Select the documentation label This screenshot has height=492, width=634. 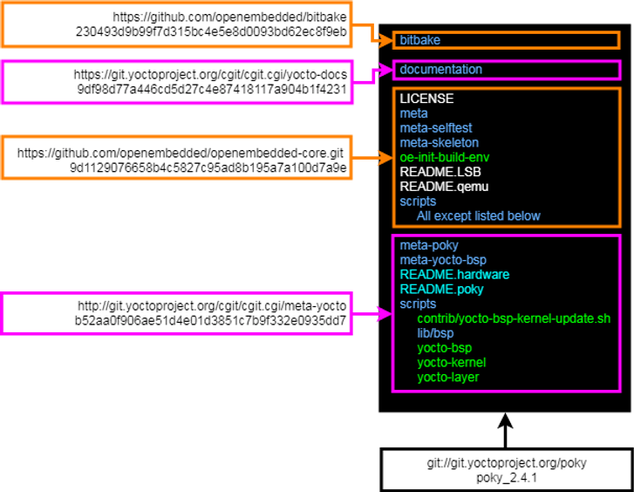[x=440, y=70]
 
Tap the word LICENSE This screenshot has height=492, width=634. [x=426, y=99]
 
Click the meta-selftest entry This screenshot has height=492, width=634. [x=436, y=128]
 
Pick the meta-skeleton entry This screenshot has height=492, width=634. [x=439, y=142]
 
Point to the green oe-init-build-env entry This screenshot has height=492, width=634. [x=445, y=157]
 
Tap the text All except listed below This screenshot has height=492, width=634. [x=478, y=215]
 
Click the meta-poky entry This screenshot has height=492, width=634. [x=429, y=245]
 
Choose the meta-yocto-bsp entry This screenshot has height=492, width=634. [x=443, y=260]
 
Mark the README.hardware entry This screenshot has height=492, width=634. [x=454, y=275]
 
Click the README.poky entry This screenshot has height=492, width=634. [x=441, y=289]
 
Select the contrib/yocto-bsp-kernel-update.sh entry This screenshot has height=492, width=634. [x=514, y=318]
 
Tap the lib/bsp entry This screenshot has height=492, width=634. [x=435, y=333]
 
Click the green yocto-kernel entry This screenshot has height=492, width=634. [x=451, y=362]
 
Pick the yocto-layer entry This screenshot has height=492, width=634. [x=447, y=377]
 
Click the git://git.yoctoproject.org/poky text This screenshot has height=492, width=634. [x=507, y=463]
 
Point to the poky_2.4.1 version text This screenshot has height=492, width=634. [x=507, y=478]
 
